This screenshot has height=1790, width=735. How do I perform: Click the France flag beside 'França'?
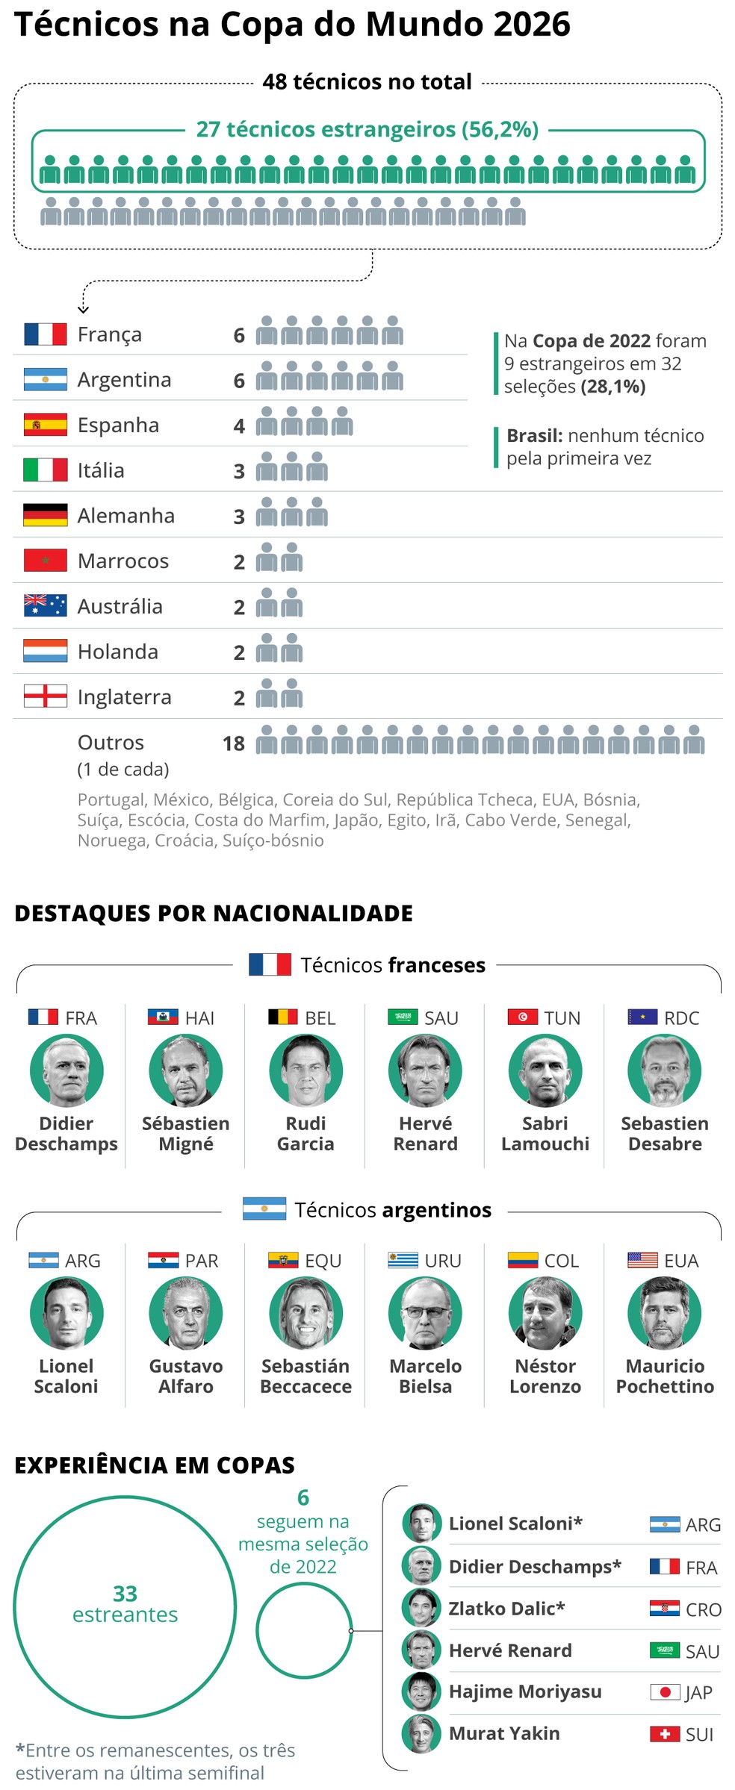(x=45, y=334)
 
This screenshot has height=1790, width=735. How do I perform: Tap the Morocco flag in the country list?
(x=45, y=561)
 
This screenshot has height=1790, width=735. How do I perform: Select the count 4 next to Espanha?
(x=239, y=425)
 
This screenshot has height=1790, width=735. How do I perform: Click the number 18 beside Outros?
(x=233, y=743)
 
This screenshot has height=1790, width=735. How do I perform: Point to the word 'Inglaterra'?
(x=124, y=697)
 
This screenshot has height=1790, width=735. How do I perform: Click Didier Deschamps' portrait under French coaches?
(x=66, y=1070)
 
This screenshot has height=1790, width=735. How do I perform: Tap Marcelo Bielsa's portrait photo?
(x=425, y=1313)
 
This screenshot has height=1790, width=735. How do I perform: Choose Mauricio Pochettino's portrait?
(x=665, y=1313)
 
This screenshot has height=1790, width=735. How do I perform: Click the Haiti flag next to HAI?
(x=163, y=1017)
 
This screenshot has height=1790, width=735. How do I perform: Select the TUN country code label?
(x=562, y=1018)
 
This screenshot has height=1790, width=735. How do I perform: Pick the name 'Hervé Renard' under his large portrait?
(x=425, y=1134)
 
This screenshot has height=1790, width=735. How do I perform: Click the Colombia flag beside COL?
(x=522, y=1260)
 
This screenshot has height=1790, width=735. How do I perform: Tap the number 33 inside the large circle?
(x=125, y=1594)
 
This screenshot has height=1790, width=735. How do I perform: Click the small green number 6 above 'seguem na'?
(x=303, y=1497)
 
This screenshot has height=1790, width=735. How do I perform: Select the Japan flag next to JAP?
(x=665, y=1691)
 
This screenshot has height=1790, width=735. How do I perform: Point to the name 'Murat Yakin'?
(x=504, y=1733)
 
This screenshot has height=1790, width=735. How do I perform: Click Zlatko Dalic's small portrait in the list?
(x=421, y=1609)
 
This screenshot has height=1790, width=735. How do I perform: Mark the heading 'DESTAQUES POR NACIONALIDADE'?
(x=214, y=913)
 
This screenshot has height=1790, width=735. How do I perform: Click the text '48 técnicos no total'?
(x=367, y=81)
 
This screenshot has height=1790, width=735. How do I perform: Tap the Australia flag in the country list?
(x=45, y=605)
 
